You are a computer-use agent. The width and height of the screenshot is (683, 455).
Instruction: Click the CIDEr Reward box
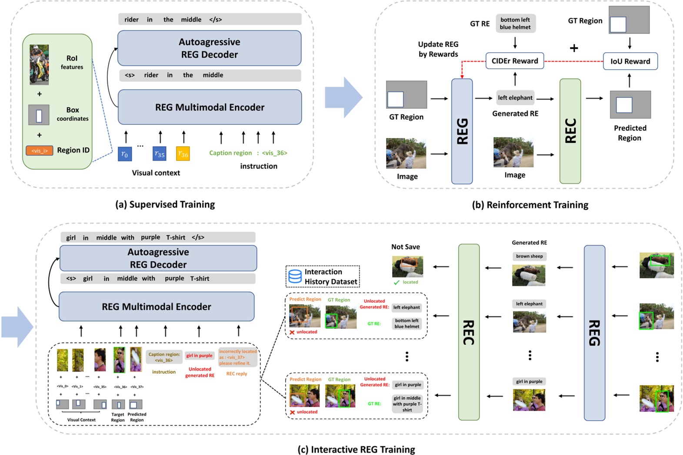pos(515,61)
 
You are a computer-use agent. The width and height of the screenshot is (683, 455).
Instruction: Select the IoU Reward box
pos(630,61)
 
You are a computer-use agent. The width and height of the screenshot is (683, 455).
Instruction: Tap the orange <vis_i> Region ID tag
pos(39,151)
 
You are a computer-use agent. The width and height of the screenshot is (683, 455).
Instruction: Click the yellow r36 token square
pos(183,154)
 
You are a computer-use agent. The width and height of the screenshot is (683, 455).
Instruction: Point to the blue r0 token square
pos(125,154)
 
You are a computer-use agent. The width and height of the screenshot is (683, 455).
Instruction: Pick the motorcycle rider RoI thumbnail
pos(39,64)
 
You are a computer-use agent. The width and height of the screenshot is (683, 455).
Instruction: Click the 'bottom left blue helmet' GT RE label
pos(515,23)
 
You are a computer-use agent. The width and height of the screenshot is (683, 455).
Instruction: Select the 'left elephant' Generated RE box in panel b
pos(515,98)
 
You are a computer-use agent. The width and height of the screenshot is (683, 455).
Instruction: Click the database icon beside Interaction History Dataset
pos(295,277)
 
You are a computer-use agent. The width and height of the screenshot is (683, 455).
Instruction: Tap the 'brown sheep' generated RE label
pos(529,256)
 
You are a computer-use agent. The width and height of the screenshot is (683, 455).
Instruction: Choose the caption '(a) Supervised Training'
pos(165,204)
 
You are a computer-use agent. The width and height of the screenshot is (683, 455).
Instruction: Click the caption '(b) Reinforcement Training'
pos(530,205)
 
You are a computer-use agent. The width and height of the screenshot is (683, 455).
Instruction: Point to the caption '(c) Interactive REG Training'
pos(356,449)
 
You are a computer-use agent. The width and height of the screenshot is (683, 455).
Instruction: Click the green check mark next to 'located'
pos(396,282)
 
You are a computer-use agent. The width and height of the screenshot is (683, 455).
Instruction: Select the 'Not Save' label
pos(405,247)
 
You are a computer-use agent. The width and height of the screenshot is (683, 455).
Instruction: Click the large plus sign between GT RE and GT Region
pos(574,48)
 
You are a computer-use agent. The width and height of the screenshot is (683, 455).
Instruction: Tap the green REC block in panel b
pos(570,131)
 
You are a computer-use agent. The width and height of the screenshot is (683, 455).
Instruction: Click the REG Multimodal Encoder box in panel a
pos(210,107)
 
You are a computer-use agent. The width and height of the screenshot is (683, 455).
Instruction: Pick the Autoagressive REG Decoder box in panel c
pos(158,258)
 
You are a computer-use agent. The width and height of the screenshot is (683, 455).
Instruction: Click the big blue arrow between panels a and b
pos(343,97)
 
